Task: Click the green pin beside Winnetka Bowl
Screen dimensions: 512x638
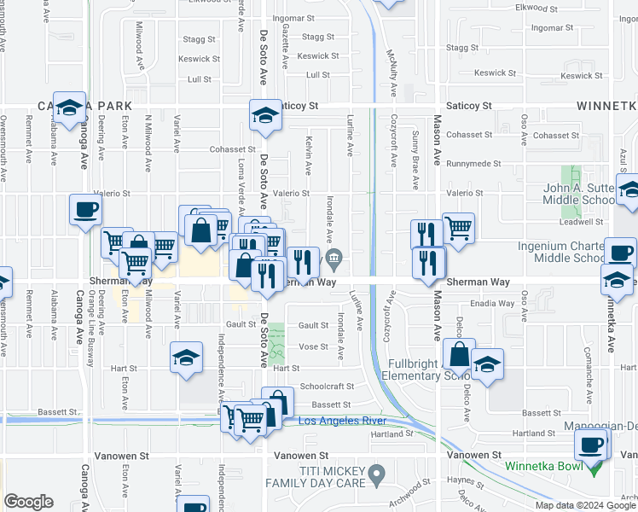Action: click(x=595, y=468)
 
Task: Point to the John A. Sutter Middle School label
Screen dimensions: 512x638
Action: click(x=589, y=194)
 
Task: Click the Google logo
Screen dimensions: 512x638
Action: click(x=28, y=502)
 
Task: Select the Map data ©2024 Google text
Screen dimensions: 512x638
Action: click(x=585, y=505)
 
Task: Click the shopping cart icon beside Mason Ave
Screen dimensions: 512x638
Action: click(x=458, y=228)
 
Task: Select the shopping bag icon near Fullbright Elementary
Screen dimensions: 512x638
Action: click(x=459, y=353)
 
